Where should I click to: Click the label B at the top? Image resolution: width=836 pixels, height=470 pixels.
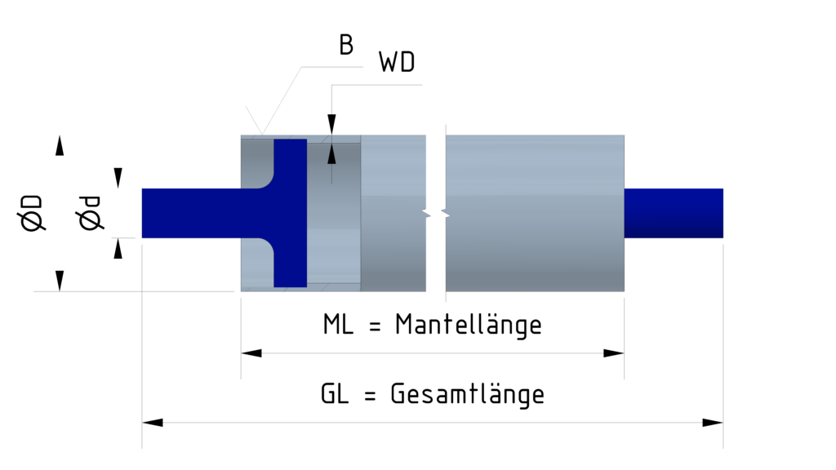pyautogui.click(x=346, y=46)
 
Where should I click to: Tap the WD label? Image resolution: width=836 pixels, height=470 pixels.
pyautogui.click(x=397, y=63)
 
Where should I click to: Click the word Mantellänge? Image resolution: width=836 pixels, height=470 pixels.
pyautogui.click(x=469, y=325)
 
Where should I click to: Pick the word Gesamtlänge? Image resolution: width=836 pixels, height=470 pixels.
pyautogui.click(x=467, y=395)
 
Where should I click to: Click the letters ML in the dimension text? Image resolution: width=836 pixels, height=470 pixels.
pyautogui.click(x=339, y=325)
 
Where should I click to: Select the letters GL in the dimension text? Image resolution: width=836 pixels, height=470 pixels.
pyautogui.click(x=336, y=395)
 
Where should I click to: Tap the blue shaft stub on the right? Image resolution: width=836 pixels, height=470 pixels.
pyautogui.click(x=674, y=213)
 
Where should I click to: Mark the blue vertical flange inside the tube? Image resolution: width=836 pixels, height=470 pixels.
pyautogui.click(x=290, y=213)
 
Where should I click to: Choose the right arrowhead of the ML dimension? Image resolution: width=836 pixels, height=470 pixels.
pyautogui.click(x=614, y=353)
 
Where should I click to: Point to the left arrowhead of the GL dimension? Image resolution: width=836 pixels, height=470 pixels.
pyautogui.click(x=153, y=423)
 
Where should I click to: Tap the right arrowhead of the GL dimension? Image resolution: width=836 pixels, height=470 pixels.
pyautogui.click(x=713, y=423)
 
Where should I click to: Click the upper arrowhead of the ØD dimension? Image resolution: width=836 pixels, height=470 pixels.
pyautogui.click(x=59, y=146)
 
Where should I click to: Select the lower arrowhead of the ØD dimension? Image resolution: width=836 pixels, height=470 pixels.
pyautogui.click(x=59, y=281)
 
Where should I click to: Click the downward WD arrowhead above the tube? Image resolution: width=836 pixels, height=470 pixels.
pyautogui.click(x=331, y=124)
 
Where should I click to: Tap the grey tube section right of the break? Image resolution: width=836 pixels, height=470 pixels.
pyautogui.click(x=535, y=213)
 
